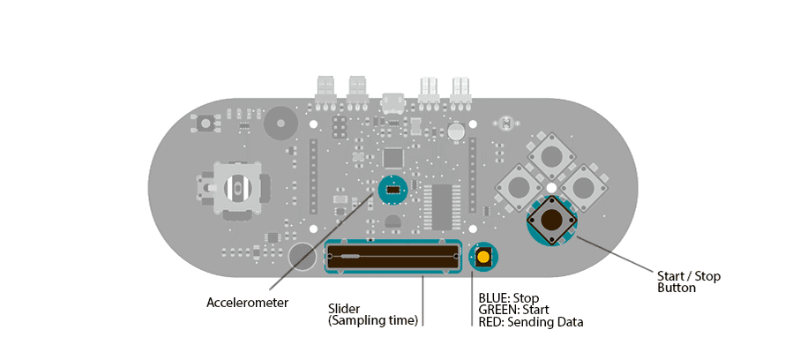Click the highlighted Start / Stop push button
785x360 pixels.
552,220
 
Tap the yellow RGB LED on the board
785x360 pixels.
483,257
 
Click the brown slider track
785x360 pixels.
393,257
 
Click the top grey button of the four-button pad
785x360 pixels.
552,157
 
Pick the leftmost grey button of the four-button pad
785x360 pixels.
519,187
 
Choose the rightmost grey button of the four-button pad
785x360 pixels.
584,187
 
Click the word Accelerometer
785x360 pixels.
247,303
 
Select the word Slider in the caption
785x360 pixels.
344,308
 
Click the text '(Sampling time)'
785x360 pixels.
372,320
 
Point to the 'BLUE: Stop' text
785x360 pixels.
508,298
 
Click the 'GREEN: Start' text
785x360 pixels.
513,310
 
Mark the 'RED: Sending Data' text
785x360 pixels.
530,322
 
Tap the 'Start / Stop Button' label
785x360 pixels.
689,281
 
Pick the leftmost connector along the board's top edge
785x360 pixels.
325,88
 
